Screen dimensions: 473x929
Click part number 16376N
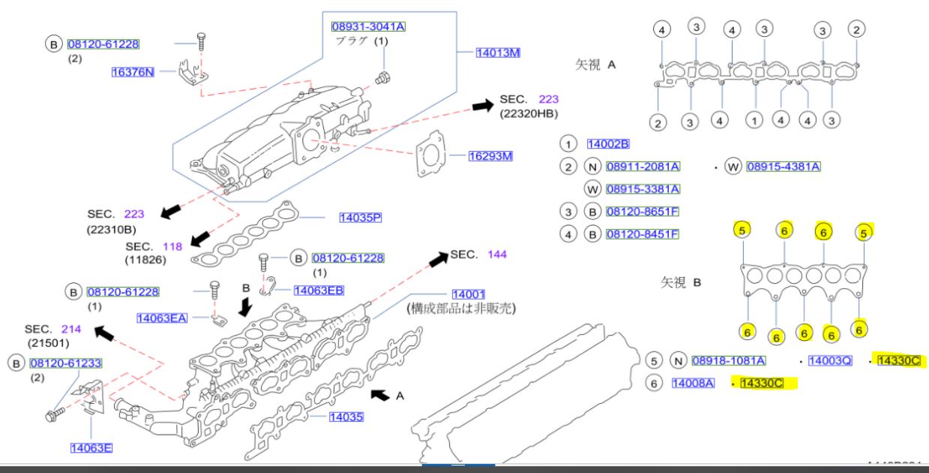coord(132,72)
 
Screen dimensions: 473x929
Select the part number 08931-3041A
coord(368,27)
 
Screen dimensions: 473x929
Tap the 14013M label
coord(498,53)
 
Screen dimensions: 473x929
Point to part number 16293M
coord(490,157)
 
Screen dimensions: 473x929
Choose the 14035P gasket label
coord(360,218)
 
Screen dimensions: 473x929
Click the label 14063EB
coord(319,291)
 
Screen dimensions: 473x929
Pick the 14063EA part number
coord(162,318)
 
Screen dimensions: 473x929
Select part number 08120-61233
coord(65,363)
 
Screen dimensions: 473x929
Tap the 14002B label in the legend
coord(608,143)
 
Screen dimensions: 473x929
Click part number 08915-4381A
coord(783,166)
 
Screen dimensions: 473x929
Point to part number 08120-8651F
coord(642,212)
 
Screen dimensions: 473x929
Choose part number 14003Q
coord(830,361)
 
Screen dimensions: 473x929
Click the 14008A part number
coord(693,384)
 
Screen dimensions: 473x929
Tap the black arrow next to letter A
coord(381,393)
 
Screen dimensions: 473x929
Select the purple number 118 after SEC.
coord(173,246)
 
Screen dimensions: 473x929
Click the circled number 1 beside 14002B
coord(569,144)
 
